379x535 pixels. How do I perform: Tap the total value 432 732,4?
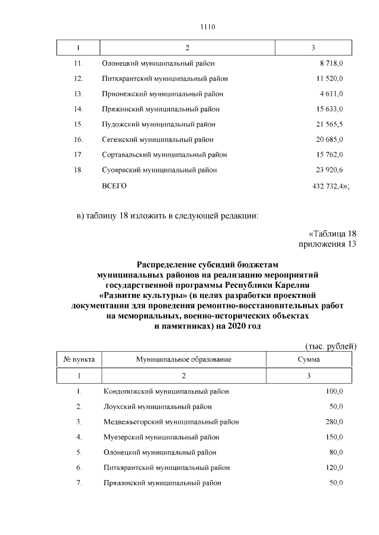(x=329, y=186)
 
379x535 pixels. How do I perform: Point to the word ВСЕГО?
(x=115, y=186)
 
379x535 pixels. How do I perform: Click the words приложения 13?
(x=327, y=245)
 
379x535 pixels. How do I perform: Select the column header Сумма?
(x=309, y=359)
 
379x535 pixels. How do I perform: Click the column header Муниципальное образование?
(x=183, y=359)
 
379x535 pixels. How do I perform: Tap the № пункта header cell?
(x=79, y=359)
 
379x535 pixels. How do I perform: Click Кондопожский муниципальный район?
(x=166, y=391)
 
